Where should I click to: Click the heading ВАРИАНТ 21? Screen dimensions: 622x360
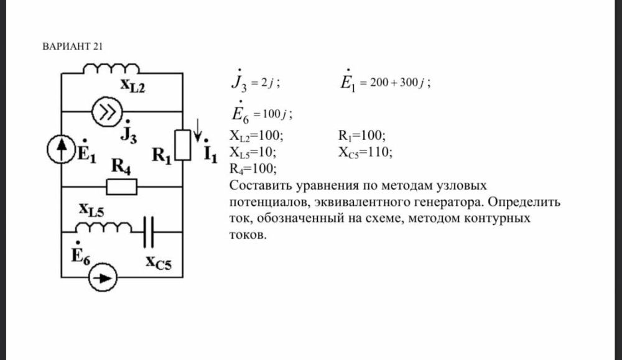click(x=72, y=47)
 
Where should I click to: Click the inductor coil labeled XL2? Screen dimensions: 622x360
click(x=111, y=68)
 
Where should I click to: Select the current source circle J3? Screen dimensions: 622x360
click(x=107, y=112)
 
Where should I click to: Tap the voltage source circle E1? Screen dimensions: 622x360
click(x=61, y=149)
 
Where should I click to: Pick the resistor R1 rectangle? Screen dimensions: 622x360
click(x=183, y=145)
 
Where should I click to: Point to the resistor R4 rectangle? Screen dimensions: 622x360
click(x=122, y=187)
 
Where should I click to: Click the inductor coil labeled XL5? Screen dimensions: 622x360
click(x=104, y=228)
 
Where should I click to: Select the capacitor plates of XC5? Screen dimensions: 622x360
click(x=149, y=232)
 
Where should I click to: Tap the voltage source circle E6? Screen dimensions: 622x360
click(x=103, y=277)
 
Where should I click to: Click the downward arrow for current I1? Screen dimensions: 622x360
click(x=198, y=130)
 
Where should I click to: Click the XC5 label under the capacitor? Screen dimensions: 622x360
click(x=159, y=262)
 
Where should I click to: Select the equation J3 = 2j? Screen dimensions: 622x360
click(x=256, y=81)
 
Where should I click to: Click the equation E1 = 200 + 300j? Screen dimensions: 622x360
click(x=386, y=81)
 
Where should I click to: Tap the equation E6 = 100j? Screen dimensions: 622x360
click(x=262, y=113)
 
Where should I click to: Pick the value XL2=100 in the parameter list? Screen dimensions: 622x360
click(x=257, y=136)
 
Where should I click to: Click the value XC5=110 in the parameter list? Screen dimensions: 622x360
click(x=365, y=153)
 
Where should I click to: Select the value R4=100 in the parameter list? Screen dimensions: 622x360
click(x=253, y=169)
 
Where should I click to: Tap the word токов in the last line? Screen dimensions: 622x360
click(x=248, y=235)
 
